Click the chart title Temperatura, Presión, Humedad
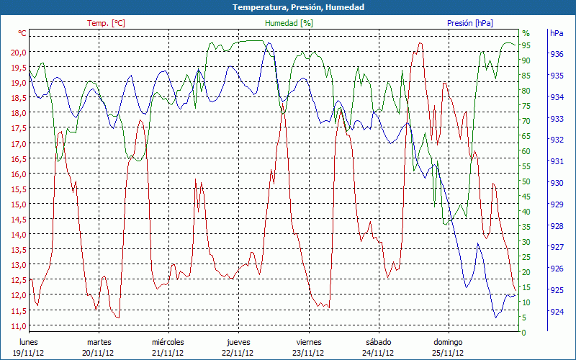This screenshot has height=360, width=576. (288, 7)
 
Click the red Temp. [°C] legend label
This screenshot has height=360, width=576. (106, 23)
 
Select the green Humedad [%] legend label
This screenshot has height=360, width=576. (289, 23)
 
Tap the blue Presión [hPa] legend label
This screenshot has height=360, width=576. (470, 23)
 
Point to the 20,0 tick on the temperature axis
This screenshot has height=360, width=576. (19, 53)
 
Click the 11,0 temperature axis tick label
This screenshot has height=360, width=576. (19, 325)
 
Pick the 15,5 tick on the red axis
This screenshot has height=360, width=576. (19, 189)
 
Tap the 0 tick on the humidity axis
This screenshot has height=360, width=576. (523, 333)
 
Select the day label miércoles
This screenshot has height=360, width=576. (168, 342)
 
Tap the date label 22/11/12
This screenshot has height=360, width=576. (238, 353)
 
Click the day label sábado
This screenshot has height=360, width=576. (378, 342)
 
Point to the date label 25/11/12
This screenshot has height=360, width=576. (448, 353)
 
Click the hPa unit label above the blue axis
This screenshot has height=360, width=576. (557, 33)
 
